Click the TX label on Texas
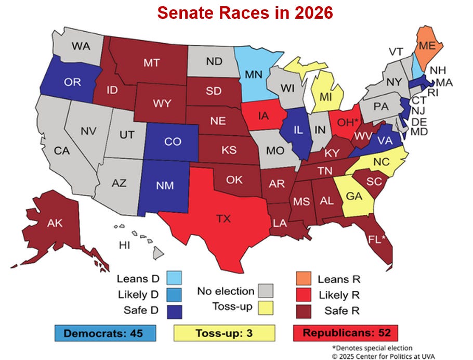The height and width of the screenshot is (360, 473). click(223, 219)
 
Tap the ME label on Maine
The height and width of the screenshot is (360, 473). click(427, 46)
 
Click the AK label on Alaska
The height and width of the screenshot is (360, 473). click(55, 224)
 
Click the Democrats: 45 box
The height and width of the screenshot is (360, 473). click(105, 332)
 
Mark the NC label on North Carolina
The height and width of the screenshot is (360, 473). click(381, 161)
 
